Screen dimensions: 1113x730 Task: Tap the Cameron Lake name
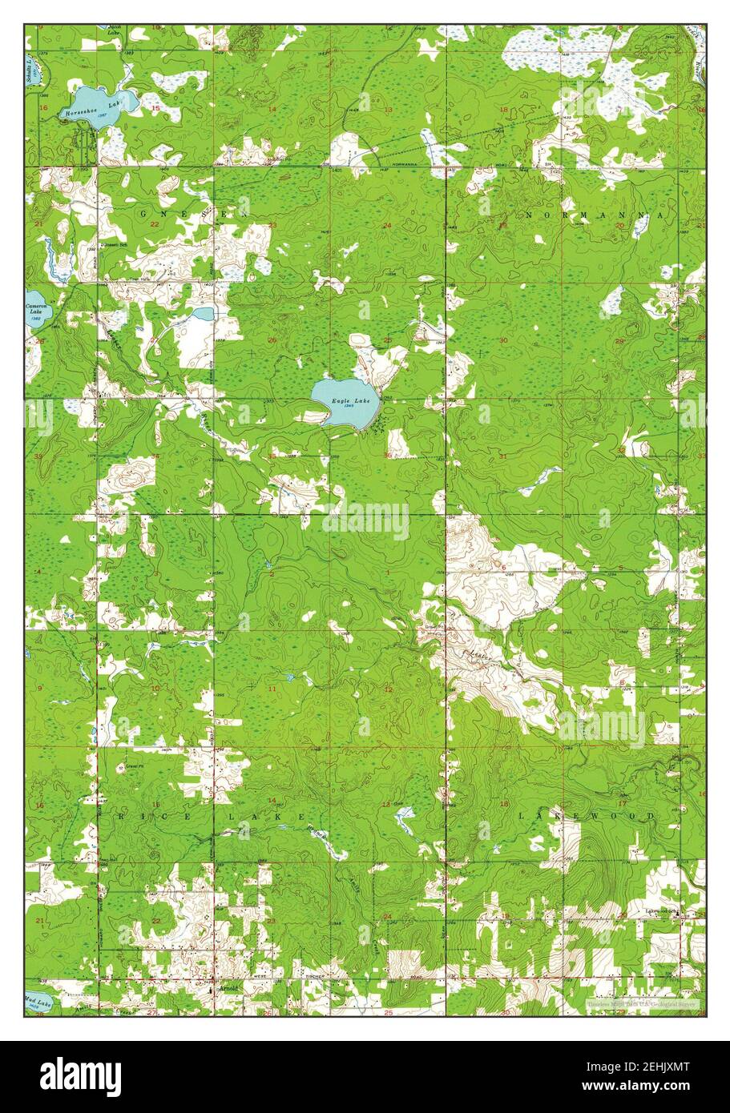35,308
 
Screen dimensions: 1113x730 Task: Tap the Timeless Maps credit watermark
641,1003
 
